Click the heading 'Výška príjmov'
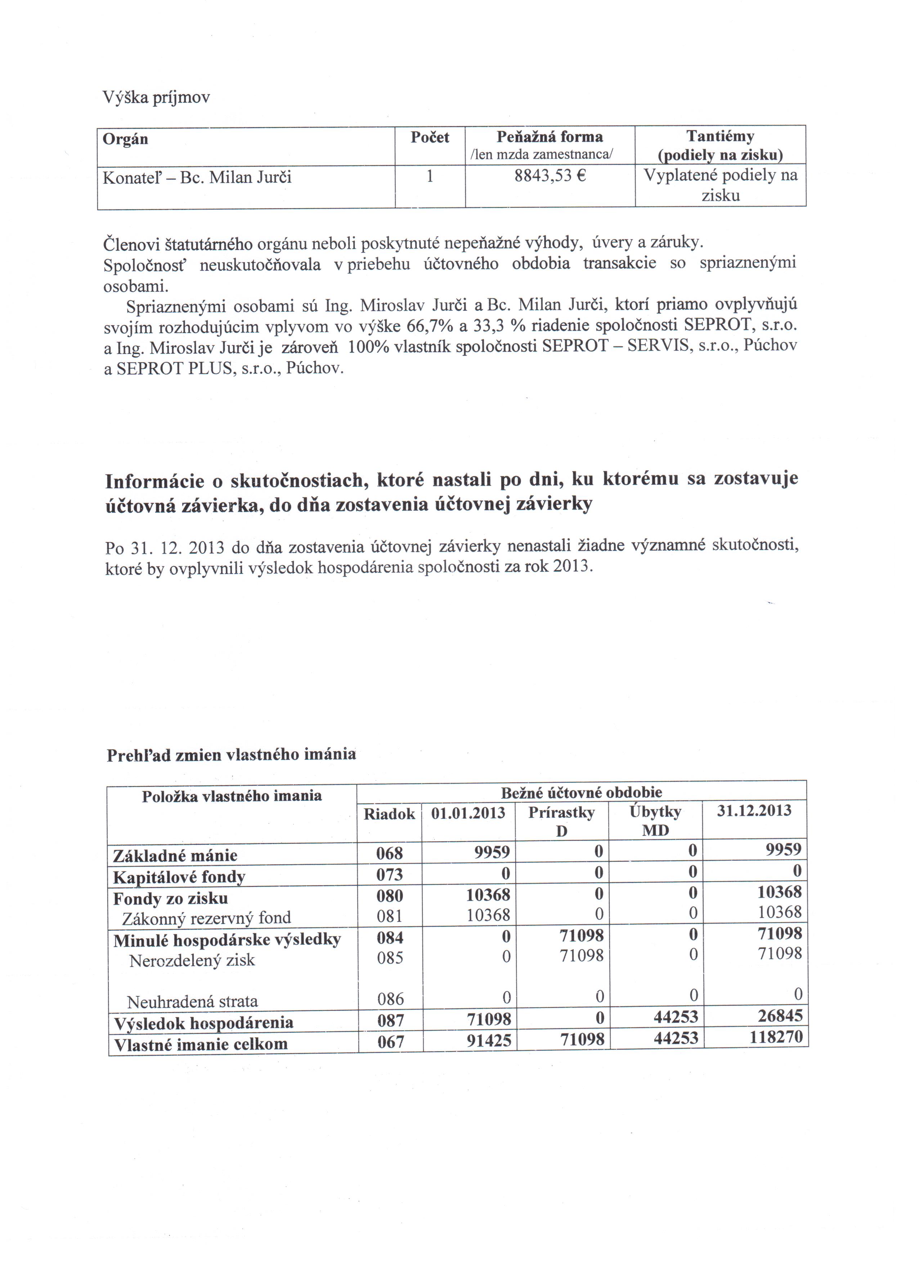[156, 98]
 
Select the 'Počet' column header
[430, 137]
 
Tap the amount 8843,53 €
[550, 177]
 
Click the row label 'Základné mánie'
[175, 856]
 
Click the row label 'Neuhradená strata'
[192, 1001]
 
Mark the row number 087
[390, 1021]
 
